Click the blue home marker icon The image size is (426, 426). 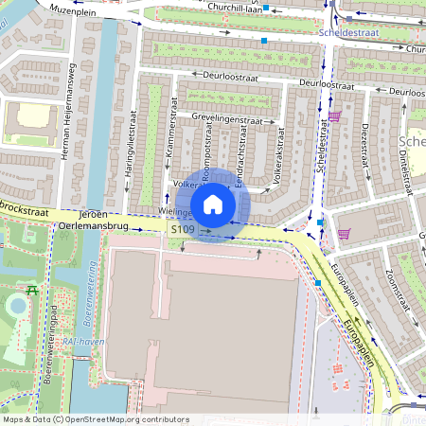point(213,204)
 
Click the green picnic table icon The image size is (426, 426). point(32,290)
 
